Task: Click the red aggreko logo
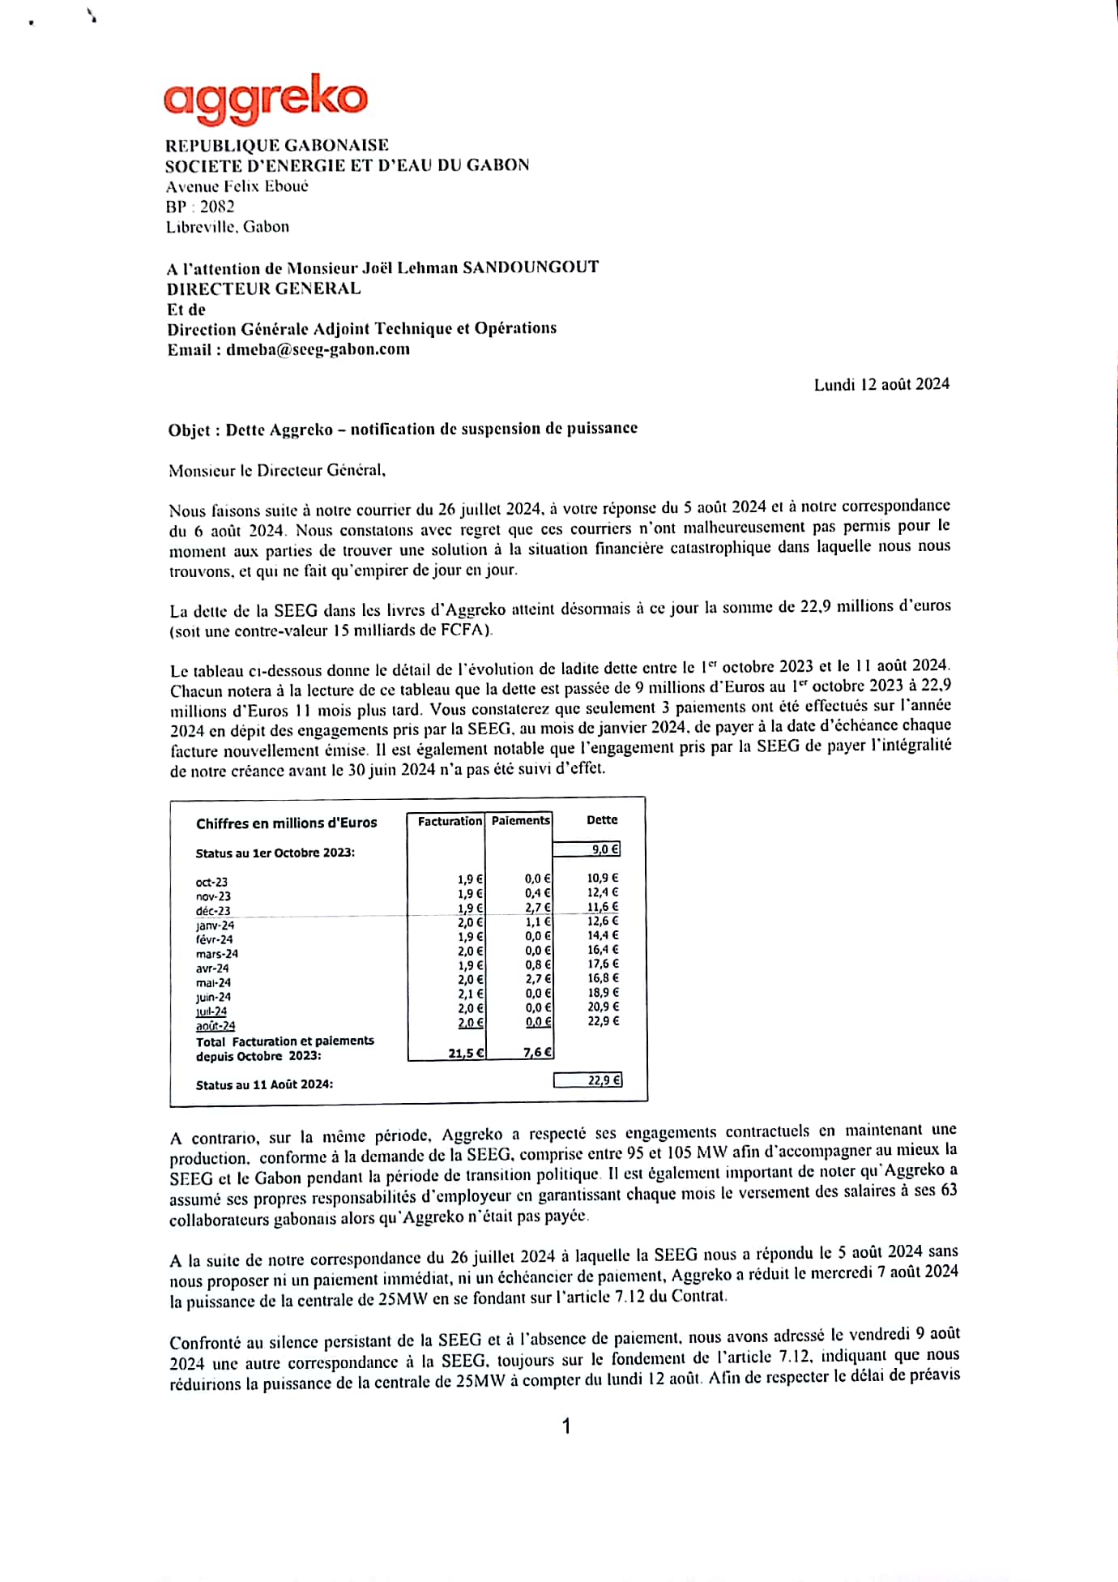265,98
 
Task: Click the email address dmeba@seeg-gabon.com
318,349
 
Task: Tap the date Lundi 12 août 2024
881,384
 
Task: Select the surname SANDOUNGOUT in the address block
531,267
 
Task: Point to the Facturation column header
450,821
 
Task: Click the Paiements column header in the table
520,820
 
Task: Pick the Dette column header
602,820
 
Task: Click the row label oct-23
211,882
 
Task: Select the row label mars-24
217,954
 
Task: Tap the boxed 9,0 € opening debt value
604,849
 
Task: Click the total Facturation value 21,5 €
466,1053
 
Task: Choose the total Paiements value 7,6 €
537,1052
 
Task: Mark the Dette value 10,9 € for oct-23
603,878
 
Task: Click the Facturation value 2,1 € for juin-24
470,994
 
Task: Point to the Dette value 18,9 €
603,993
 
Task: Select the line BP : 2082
200,207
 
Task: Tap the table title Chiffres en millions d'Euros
286,823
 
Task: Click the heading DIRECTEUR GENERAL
264,289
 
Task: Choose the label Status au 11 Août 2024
264,1084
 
